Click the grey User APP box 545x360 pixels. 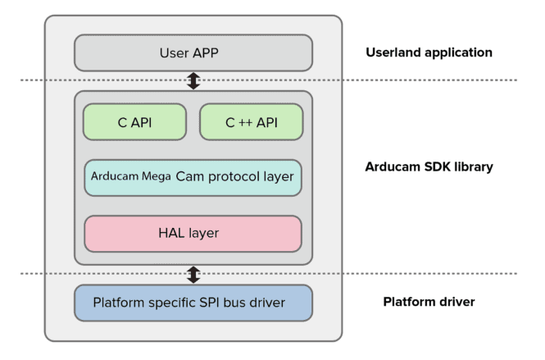pos(193,52)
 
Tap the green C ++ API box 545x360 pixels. pos(251,122)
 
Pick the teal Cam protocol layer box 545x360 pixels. pos(193,177)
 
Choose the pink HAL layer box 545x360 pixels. pos(193,234)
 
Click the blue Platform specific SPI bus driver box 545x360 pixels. pos(193,303)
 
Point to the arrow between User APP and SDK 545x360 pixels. pos(193,80)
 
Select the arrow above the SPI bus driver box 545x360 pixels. pos(193,273)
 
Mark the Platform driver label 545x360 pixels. pos(429,303)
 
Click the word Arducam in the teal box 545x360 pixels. pos(113,177)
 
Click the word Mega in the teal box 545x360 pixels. pos(154,177)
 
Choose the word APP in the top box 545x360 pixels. pos(212,52)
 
